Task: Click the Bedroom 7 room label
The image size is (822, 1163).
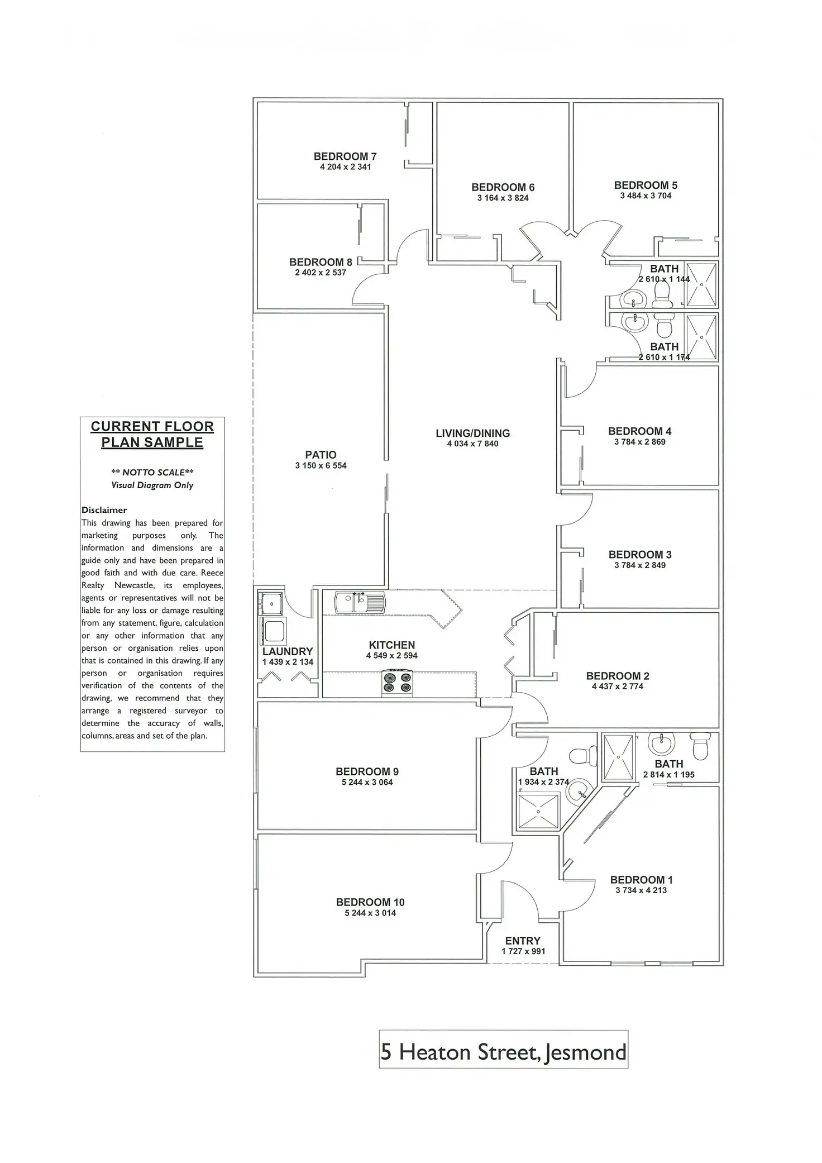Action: (345, 156)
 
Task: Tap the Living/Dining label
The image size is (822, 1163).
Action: (472, 433)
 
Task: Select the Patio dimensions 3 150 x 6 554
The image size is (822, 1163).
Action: (321, 465)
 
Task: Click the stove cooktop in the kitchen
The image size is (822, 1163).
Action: (397, 683)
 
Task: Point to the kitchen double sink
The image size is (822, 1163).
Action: (360, 603)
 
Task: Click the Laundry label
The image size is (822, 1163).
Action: (288, 651)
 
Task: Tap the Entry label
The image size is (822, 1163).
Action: (523, 941)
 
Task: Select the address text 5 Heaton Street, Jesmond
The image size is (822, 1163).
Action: (503, 1052)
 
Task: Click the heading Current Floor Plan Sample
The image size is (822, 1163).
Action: (152, 434)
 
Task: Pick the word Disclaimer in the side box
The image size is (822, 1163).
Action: (104, 510)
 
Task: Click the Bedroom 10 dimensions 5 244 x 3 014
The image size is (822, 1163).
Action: (370, 913)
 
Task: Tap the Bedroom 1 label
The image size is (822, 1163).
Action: (641, 880)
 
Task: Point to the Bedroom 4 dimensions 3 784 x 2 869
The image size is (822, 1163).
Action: (639, 442)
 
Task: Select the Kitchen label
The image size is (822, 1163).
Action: (391, 645)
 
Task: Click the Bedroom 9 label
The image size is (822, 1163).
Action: (367, 771)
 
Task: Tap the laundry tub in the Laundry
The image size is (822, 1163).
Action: (274, 630)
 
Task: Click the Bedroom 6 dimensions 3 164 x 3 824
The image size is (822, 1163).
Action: (503, 198)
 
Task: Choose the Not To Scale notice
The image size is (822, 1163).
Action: (152, 473)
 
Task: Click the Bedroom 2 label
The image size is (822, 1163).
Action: (618, 676)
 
